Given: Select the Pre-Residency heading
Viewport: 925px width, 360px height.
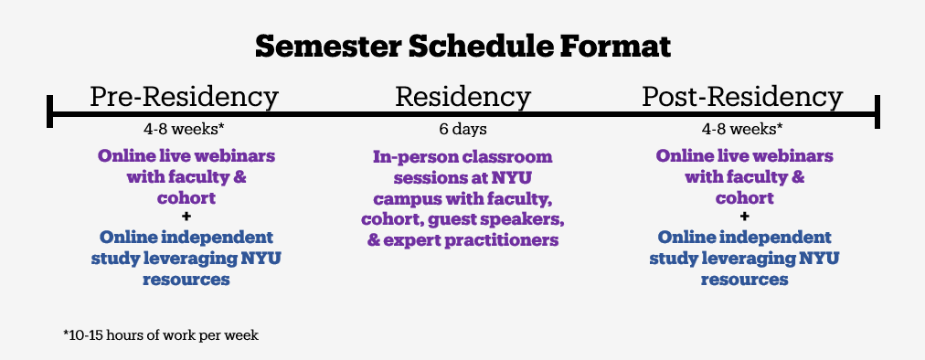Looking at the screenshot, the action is point(184,97).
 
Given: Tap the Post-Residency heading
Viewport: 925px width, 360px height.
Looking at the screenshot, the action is point(743,97).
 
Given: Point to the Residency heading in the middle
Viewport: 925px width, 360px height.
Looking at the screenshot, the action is point(463,97).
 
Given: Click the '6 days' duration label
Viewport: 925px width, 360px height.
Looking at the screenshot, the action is point(463,129).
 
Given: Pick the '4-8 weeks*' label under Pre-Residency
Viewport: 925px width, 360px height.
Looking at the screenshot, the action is point(184,129).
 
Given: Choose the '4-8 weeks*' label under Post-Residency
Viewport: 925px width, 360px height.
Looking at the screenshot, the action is point(743,129).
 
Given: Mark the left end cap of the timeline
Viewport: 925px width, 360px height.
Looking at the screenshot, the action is point(50,111).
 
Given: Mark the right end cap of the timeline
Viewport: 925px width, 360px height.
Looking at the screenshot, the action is point(877,111).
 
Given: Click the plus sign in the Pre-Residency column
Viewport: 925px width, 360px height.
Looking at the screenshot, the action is point(186,217).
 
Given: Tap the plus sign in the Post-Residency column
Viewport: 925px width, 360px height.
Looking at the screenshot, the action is point(745,217).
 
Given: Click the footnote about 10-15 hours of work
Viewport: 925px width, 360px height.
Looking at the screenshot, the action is point(161,335).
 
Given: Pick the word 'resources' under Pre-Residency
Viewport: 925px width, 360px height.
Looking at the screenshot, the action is point(186,279).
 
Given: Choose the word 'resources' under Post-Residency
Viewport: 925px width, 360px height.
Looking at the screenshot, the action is point(745,279).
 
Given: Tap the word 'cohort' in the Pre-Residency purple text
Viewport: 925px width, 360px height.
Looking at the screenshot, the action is point(186,197).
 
